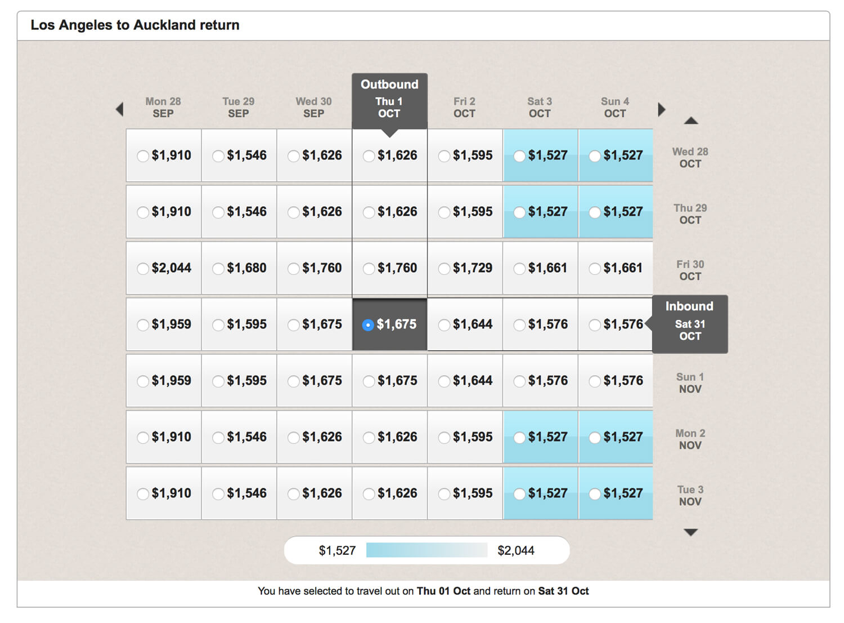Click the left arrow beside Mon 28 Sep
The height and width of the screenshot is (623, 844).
click(119, 109)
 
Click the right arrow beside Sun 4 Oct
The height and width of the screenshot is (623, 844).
click(662, 109)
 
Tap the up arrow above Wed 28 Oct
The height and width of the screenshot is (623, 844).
click(691, 121)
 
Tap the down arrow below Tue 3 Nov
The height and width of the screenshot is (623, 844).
click(691, 532)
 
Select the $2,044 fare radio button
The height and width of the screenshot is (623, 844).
click(143, 269)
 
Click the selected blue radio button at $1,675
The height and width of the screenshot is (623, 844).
click(368, 325)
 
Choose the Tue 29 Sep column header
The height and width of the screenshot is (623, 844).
click(239, 107)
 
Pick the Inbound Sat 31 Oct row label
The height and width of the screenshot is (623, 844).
click(690, 324)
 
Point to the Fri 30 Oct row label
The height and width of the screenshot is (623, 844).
click(690, 270)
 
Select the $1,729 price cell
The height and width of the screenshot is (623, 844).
click(465, 268)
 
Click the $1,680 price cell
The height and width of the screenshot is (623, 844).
click(239, 268)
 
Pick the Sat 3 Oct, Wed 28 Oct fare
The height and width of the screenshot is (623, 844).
click(540, 155)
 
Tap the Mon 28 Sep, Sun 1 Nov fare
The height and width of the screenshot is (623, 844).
click(164, 381)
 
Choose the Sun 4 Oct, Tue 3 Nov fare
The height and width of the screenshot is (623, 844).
click(616, 493)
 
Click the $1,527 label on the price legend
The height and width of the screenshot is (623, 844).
click(337, 550)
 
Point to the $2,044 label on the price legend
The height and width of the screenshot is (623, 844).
click(516, 550)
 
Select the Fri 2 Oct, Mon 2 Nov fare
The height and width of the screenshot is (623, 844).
click(465, 437)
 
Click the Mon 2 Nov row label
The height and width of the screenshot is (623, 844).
click(690, 439)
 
